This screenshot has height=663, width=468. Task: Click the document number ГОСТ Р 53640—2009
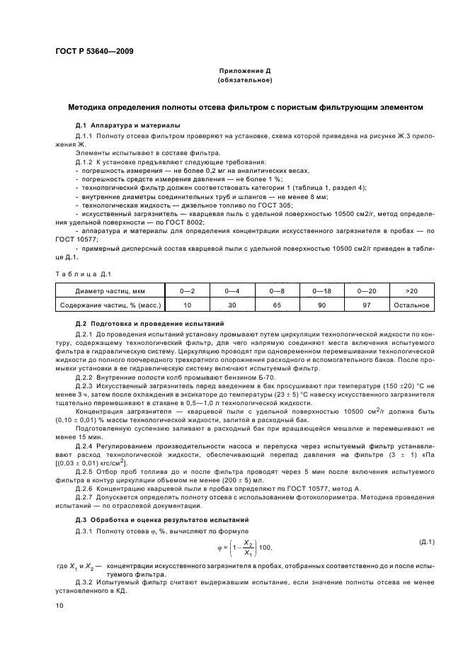pos(93,52)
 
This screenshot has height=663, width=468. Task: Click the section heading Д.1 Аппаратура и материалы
pos(127,125)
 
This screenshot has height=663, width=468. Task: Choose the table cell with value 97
pos(367,305)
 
